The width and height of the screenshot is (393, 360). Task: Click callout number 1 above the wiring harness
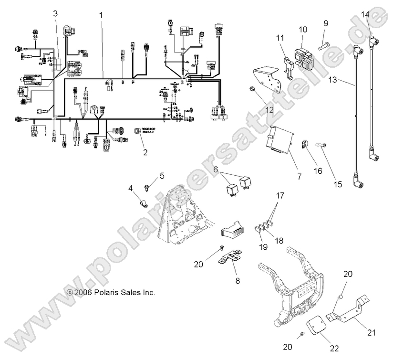(x=101, y=15)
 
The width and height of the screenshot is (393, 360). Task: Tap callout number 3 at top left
(x=55, y=13)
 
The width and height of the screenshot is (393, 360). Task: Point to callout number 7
(x=300, y=177)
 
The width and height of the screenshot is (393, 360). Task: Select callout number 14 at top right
(x=365, y=14)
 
